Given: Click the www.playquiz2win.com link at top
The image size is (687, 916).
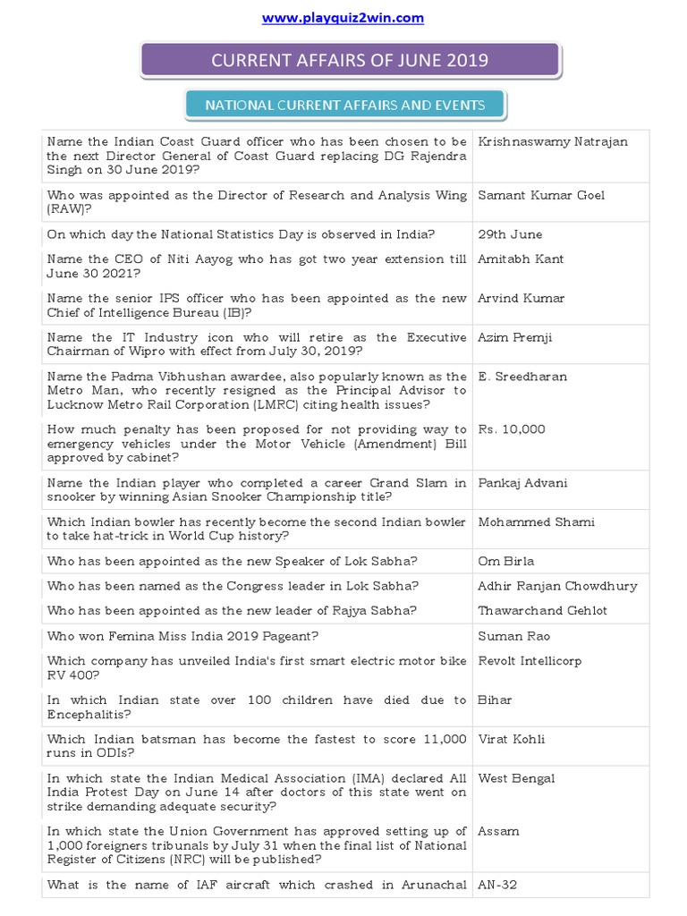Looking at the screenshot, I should point(343,18).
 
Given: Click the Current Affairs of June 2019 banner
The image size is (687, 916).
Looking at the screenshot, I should point(350,60).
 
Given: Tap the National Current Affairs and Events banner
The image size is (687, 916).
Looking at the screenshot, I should point(345,105).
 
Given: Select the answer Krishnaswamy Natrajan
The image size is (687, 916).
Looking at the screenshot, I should point(553,141).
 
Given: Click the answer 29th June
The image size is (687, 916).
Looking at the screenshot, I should point(510,234).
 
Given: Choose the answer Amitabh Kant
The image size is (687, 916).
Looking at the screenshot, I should point(522,259).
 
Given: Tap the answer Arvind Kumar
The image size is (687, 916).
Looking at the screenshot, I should point(522,299).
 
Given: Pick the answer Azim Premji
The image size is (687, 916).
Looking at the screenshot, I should point(516,338).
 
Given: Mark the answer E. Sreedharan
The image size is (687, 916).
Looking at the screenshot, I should point(522,377).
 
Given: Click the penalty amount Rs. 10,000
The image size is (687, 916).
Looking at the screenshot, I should point(512,429).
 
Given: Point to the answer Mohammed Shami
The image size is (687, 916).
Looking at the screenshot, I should point(537,522).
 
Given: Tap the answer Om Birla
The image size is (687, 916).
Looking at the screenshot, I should point(506,562).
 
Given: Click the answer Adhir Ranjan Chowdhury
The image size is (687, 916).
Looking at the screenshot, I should point(558,586).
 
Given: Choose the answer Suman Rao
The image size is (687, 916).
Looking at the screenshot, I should point(514,636).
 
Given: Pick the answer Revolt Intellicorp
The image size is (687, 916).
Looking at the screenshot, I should point(530,661).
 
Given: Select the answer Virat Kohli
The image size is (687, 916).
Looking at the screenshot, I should point(512,739).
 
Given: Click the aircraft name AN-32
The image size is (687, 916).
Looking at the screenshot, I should point(498,885).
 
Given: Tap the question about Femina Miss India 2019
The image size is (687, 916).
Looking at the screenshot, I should point(183,636).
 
